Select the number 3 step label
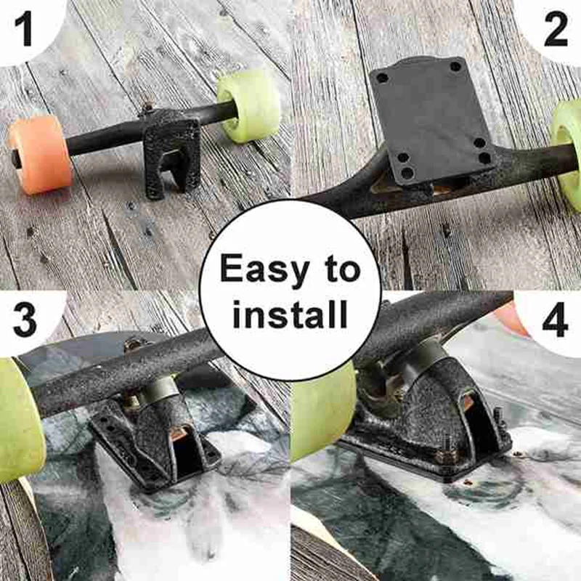[25, 320]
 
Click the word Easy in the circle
[259, 269]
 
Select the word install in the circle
[290, 315]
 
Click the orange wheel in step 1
[40, 155]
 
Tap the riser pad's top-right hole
[455, 67]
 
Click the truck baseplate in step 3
[156, 443]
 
